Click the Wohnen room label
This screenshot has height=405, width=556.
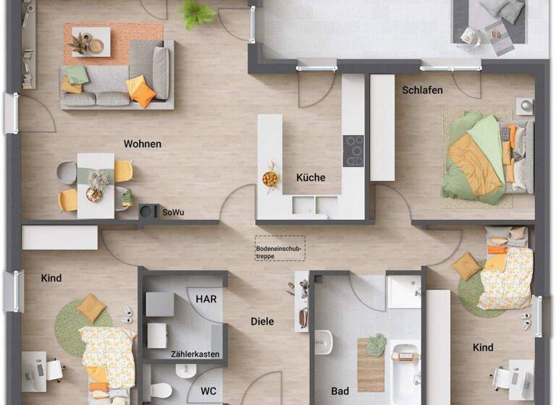pos(142,144)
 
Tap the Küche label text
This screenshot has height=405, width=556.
pos(311,177)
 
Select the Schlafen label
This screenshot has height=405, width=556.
pos(422,90)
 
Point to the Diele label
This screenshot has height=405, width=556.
pos(262,321)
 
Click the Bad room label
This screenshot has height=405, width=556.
pos(340,391)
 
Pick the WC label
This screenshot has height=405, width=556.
pos(208,391)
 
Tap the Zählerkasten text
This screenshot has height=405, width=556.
pos(195,354)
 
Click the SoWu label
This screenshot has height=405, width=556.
pos(173,212)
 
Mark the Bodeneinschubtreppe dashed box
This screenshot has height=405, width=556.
pos(280,249)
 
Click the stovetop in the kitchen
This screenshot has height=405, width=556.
pos(353,150)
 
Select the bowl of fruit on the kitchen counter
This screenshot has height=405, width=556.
pos(270,177)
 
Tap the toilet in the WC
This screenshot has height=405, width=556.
pos(161,391)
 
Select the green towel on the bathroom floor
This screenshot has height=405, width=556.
pos(376,345)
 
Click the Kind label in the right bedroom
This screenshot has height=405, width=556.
pos(483,347)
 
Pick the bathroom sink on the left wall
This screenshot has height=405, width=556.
pos(324,341)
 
